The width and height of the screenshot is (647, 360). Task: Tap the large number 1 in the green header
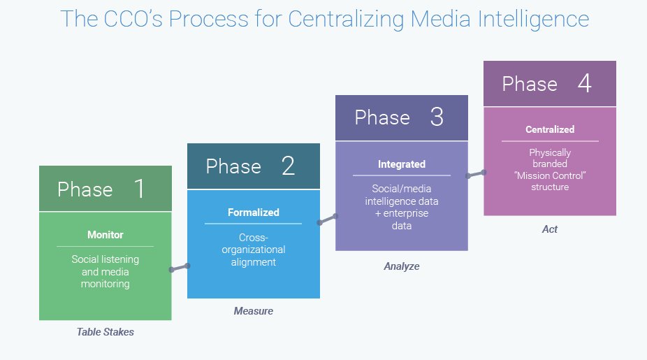click(x=139, y=189)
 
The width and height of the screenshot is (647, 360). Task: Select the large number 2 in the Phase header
click(x=288, y=166)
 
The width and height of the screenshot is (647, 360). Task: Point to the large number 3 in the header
click(x=437, y=117)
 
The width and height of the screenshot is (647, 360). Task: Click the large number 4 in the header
click(x=585, y=83)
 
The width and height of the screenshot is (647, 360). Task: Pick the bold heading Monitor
click(x=105, y=235)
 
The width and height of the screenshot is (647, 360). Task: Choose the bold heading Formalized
click(x=253, y=213)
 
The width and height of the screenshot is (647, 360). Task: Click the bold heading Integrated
click(x=402, y=164)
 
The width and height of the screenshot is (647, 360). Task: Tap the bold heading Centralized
click(x=550, y=129)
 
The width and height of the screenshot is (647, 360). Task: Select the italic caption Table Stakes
click(x=105, y=332)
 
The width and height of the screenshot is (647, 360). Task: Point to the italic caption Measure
click(x=253, y=310)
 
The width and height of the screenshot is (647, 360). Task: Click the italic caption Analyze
click(x=402, y=266)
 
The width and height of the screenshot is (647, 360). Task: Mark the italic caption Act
click(x=550, y=229)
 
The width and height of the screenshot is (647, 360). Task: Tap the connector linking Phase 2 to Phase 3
click(x=327, y=219)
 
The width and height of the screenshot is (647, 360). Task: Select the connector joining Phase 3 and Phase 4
click(x=475, y=173)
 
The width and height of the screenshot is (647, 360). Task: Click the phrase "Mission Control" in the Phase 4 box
click(x=550, y=175)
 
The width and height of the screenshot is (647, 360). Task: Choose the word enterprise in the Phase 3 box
click(x=406, y=213)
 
